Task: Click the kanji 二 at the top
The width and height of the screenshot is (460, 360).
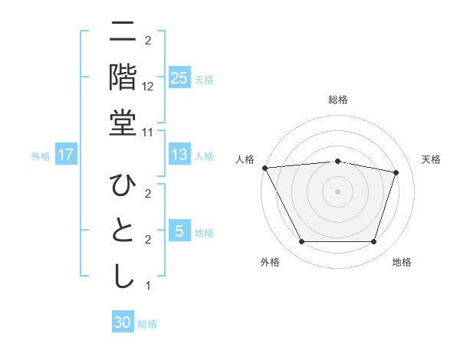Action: point(123,33)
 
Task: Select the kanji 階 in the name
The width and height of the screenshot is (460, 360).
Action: point(123,78)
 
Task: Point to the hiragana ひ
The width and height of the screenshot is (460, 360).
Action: point(123,185)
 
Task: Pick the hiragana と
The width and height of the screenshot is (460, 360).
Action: point(123,231)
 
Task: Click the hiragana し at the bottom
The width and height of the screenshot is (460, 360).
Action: point(123,277)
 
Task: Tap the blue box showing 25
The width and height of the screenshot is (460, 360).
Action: point(179,78)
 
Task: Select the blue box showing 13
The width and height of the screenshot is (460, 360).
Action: point(179,155)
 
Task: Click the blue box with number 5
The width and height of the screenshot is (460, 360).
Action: point(179,231)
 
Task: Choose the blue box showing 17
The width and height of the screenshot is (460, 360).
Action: point(66,155)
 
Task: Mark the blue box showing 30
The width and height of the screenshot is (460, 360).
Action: point(123,322)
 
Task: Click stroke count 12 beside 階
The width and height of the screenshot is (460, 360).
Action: point(148,87)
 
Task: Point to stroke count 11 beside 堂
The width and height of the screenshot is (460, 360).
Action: point(148,132)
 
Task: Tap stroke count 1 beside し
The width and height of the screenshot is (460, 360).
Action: point(148,286)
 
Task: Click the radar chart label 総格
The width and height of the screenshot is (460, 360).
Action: point(338,100)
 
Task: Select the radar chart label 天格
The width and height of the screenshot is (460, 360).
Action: point(432,159)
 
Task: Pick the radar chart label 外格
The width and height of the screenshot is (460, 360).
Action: point(270,263)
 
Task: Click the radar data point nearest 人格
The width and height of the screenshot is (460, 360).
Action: point(264,167)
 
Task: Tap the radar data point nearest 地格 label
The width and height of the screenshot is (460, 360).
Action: point(374,242)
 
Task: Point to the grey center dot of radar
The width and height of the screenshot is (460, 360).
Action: point(338,191)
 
